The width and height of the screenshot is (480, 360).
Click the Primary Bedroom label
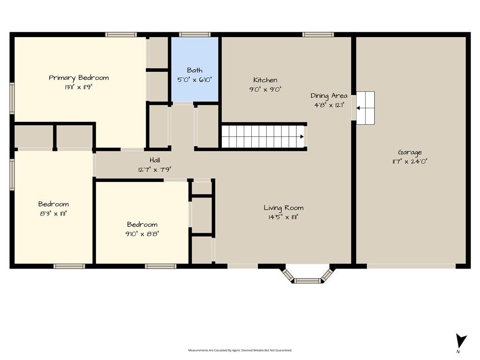tap(79, 78)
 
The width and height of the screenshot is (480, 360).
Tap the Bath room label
tap(195, 70)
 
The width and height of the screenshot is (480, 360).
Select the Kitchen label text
tap(265, 80)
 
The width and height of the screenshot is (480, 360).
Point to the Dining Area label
tap(329, 96)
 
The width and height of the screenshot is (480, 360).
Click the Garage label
tap(410, 152)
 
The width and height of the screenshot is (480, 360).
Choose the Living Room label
tap(284, 208)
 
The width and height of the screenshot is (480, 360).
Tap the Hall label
tap(155, 160)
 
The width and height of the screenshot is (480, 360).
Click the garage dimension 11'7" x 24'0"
tap(410, 161)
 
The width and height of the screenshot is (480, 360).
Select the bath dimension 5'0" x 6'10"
tap(195, 80)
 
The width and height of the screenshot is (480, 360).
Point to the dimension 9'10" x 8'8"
tap(142, 234)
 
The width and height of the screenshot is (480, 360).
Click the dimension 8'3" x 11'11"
tap(53, 213)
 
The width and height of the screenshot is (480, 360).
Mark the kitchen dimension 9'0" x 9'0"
tap(265, 90)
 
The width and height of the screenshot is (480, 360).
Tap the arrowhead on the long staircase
tap(302, 137)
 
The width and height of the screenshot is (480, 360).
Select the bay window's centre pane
tap(307, 280)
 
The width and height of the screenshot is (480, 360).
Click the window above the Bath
tap(195, 34)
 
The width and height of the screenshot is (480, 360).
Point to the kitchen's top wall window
tap(318, 34)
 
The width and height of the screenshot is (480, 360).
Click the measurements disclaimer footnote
tap(240, 350)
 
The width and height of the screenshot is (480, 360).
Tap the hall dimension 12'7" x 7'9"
tap(155, 169)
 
